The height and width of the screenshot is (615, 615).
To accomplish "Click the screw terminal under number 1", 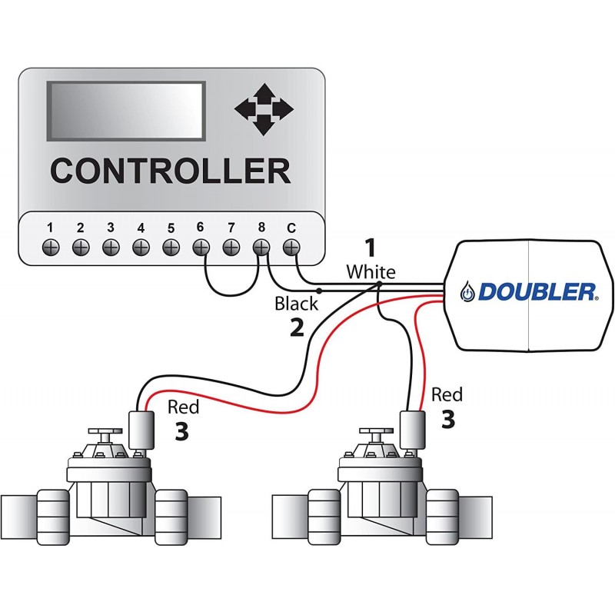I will tap(50, 248).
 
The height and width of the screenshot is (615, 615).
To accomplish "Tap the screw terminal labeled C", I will tap(291, 248).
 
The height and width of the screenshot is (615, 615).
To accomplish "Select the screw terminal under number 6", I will tap(201, 248).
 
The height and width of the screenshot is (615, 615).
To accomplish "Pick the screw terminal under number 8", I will tap(261, 248).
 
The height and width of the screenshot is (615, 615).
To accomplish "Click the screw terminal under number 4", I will tap(141, 248).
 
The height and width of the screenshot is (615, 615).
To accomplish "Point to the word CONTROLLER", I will tap(170, 171).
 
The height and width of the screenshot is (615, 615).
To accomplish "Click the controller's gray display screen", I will tap(126, 111).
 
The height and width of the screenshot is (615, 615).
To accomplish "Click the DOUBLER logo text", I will tap(537, 291).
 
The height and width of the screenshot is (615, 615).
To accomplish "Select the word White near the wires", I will tap(371, 271).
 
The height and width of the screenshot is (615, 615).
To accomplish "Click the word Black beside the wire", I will tap(296, 304).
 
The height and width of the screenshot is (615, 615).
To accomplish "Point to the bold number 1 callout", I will tap(371, 248).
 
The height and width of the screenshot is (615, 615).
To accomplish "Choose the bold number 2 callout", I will tap(297, 328).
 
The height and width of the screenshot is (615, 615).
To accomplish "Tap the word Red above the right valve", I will tap(447, 395).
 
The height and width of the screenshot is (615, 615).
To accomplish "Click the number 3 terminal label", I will tap(110, 228).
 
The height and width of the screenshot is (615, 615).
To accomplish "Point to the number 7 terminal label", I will tap(231, 228).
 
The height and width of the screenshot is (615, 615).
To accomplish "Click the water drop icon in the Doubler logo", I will tap(467, 292).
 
